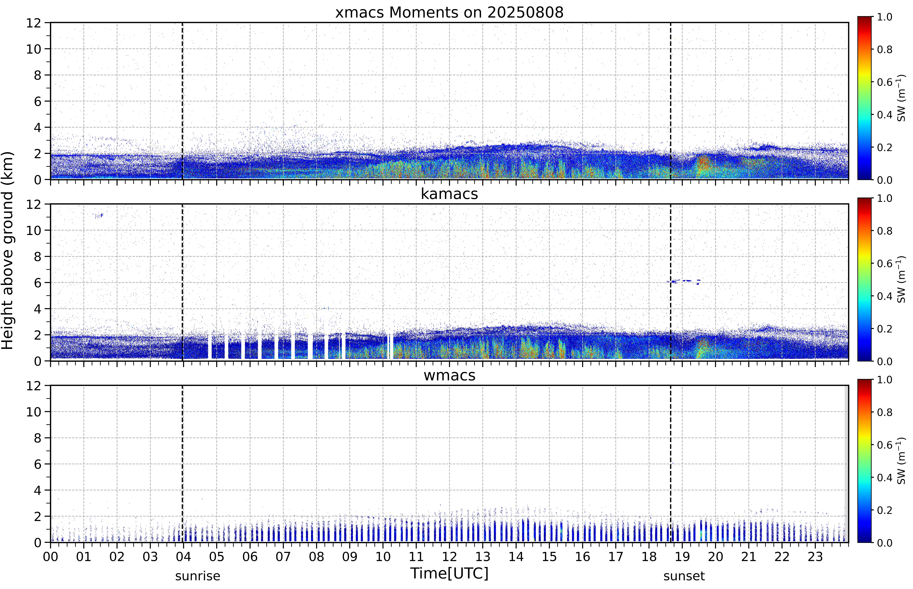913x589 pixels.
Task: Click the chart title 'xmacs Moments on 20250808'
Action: [x=449, y=13]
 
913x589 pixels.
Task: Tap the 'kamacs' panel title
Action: [x=449, y=194]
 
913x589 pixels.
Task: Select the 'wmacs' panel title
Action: [x=449, y=375]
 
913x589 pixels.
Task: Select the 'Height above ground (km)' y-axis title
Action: [x=8, y=250]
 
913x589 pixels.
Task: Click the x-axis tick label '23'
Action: [x=815, y=556]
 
